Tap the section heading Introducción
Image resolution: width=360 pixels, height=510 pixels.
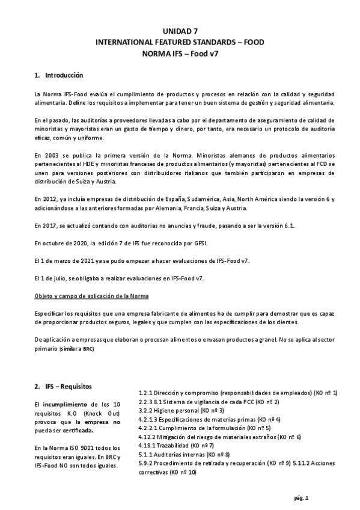click(63, 75)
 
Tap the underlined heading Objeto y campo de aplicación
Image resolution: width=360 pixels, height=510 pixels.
click(93, 297)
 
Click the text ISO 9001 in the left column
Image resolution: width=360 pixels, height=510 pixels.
click(79, 448)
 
